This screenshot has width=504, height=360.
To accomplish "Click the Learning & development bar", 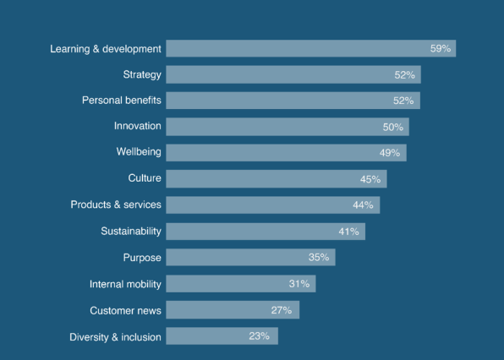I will pos(311,48).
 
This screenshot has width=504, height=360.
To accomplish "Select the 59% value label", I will pos(441,49).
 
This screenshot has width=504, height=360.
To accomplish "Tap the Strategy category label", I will pos(142,74).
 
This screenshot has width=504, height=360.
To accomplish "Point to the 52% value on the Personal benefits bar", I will pos(404,101).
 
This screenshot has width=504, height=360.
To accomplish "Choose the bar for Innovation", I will pos(288,127).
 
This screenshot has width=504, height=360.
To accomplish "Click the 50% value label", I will pos(394,127).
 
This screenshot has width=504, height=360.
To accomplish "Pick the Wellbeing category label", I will pos(139,152).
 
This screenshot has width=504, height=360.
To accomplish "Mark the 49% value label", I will pos(391,153).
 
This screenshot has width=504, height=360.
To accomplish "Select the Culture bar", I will pos(276,179).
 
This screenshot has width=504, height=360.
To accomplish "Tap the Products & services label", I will pos(116,205).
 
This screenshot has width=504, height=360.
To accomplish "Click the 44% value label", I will pos(364,205).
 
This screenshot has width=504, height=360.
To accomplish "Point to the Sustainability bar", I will pos(266,231).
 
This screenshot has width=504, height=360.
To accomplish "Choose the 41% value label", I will pos(349,232).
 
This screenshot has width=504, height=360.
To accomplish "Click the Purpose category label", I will pos(142,257).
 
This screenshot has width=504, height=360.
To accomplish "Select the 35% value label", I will pos(319,258).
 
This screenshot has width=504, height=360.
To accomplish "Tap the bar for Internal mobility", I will pos(240,284).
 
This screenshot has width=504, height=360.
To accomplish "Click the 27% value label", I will pos(282,310).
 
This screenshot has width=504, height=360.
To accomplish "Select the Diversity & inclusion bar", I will pos(222,336).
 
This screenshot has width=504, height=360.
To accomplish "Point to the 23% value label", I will pos(260,336).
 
